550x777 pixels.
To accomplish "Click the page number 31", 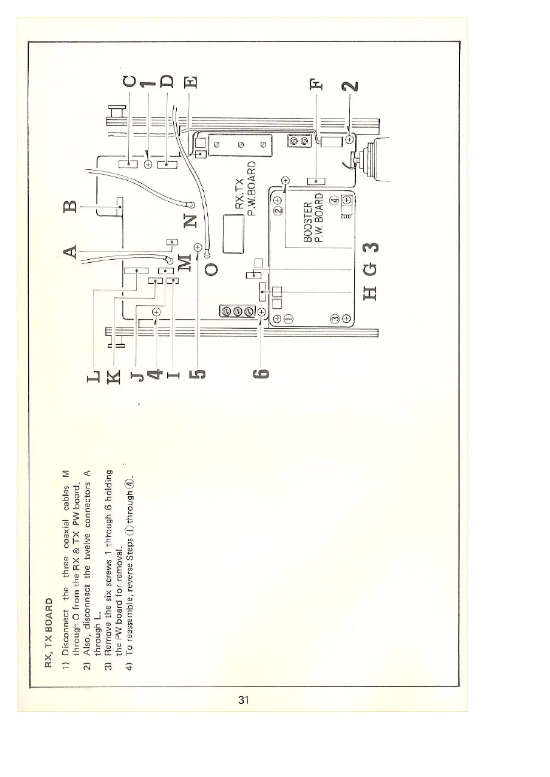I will (243, 699).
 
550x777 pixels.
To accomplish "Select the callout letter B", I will (72, 208).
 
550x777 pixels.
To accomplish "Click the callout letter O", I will (209, 268).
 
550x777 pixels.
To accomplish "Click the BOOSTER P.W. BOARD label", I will (313, 219).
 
